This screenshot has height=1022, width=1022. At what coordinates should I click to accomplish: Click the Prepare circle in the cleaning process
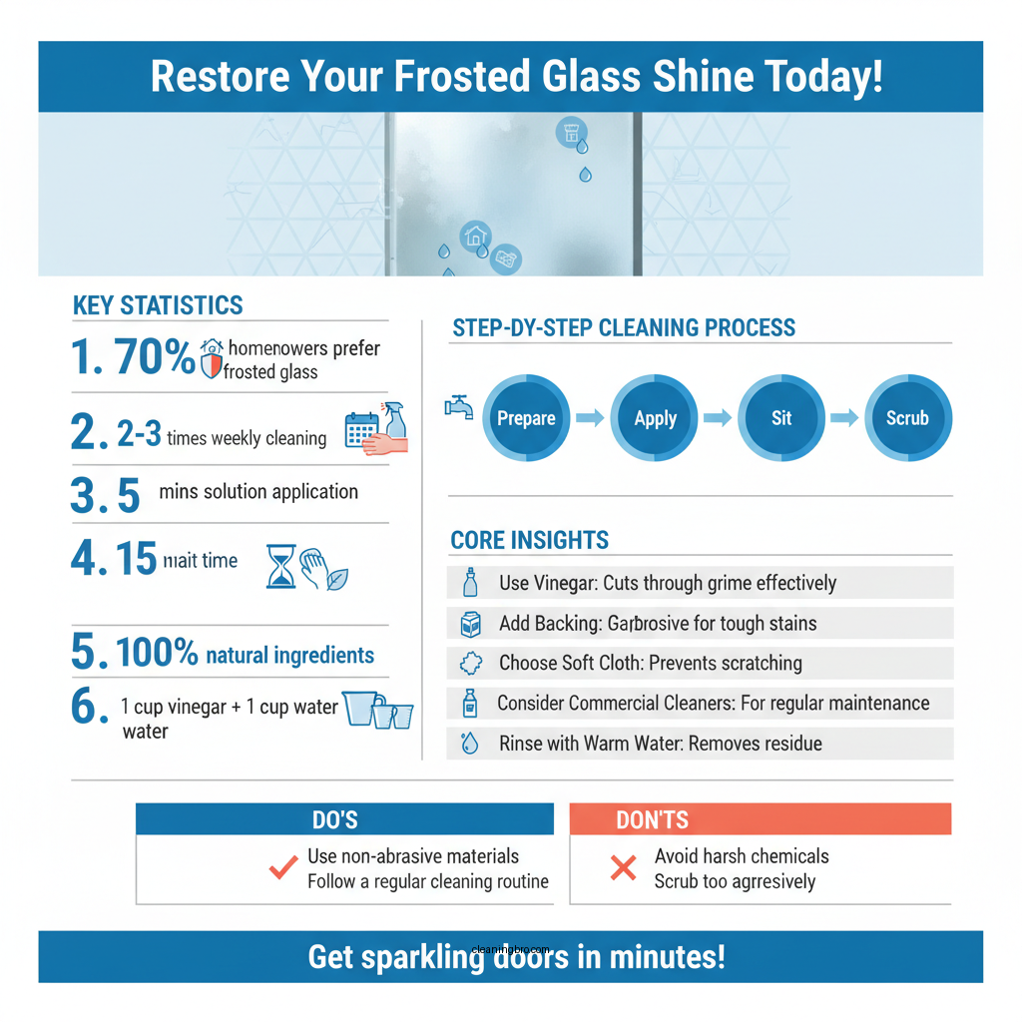pyautogui.click(x=526, y=418)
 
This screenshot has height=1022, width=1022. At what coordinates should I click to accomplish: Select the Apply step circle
pyautogui.click(x=655, y=418)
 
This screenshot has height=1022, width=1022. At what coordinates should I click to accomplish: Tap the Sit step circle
pyautogui.click(x=781, y=418)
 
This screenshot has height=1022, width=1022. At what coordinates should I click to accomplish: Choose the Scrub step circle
pyautogui.click(x=907, y=418)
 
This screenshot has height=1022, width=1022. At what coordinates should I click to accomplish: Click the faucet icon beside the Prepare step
pyautogui.click(x=458, y=407)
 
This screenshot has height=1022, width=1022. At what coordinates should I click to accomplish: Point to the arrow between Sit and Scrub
pyautogui.click(x=844, y=418)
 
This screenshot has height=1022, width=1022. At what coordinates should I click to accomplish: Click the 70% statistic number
pyautogui.click(x=154, y=357)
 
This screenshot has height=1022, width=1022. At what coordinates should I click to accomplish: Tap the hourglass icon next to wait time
pyautogui.click(x=280, y=566)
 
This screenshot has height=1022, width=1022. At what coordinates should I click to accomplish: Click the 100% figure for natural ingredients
pyautogui.click(x=157, y=654)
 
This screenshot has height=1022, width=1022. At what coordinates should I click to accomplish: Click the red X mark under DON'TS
pyautogui.click(x=623, y=868)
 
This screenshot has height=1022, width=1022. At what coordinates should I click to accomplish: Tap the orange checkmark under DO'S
pyautogui.click(x=284, y=867)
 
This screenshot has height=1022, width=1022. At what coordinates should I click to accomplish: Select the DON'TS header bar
pyautogui.click(x=760, y=819)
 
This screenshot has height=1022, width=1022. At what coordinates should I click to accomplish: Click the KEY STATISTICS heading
pyautogui.click(x=158, y=305)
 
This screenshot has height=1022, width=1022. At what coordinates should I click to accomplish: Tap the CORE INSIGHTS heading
pyautogui.click(x=529, y=540)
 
